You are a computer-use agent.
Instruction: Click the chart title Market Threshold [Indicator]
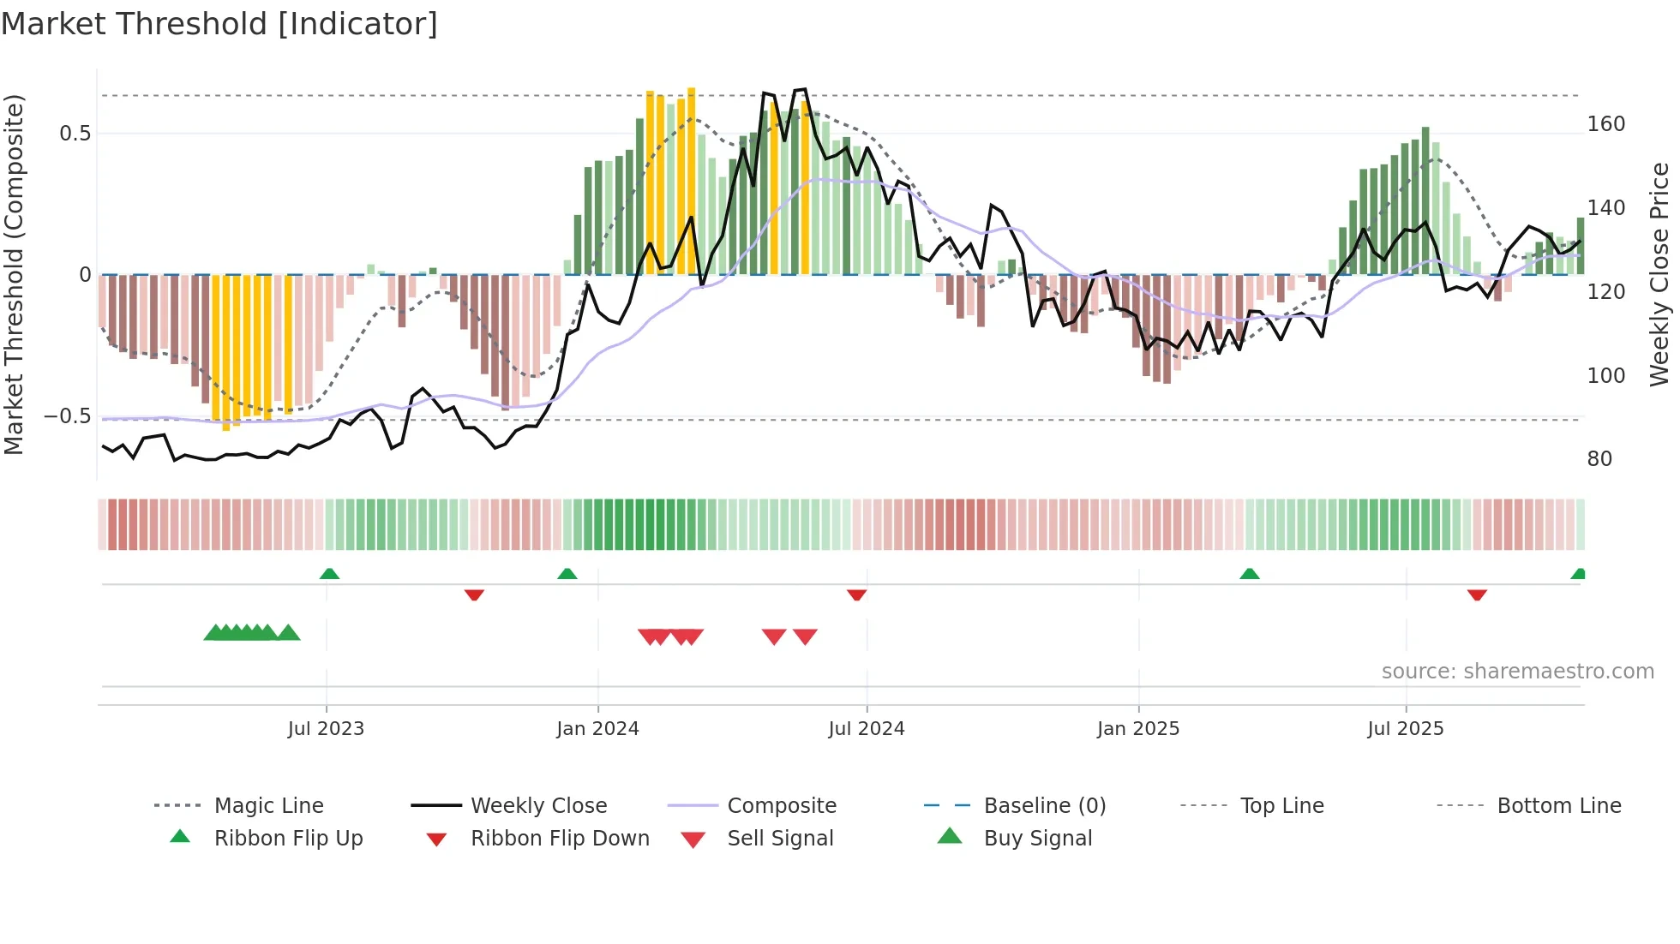219,24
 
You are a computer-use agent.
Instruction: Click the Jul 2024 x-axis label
866,729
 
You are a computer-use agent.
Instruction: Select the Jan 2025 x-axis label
1137,729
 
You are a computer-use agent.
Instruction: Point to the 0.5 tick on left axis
75,134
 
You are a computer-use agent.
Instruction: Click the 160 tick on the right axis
1605,124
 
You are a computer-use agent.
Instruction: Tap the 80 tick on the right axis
1599,459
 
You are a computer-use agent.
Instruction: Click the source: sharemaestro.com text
1517,672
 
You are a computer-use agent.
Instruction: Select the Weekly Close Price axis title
1660,274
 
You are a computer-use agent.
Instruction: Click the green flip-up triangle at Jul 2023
329,574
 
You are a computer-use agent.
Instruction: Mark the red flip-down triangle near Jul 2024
856,594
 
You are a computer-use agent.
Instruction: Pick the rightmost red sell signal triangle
805,636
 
